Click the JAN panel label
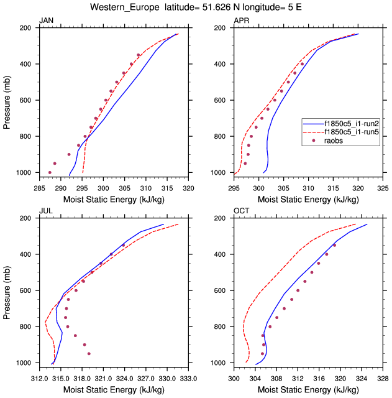point(46,21)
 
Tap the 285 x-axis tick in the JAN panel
point(39,187)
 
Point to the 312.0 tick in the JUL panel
point(39,377)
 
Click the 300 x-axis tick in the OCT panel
point(234,377)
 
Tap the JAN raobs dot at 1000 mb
point(50,172)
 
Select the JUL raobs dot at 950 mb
point(89,353)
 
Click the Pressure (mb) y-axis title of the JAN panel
point(7,100)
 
